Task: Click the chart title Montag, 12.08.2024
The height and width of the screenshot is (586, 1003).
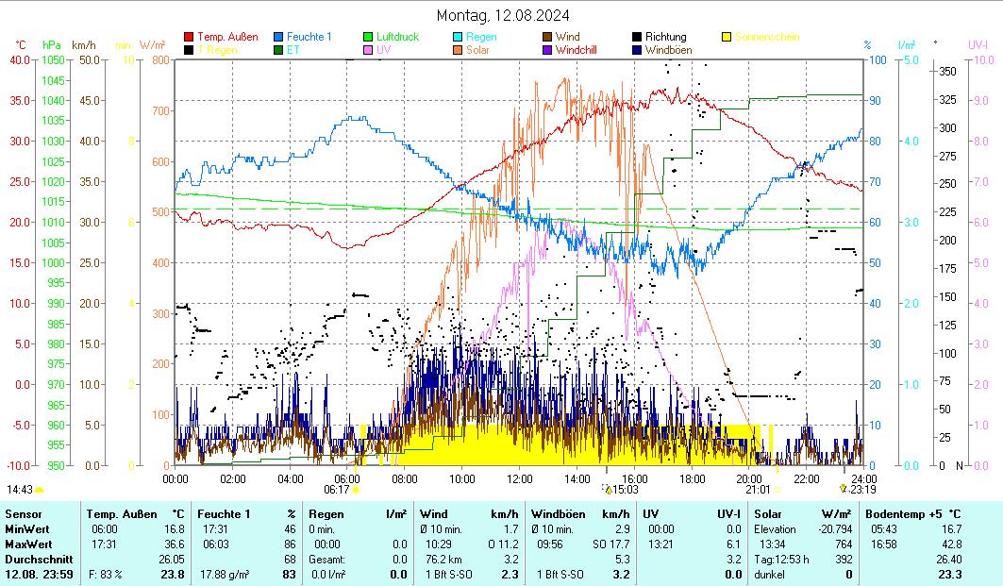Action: click(x=503, y=15)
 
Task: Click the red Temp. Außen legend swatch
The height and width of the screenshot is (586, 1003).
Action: click(x=189, y=37)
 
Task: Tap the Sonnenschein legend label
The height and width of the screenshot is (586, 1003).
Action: click(x=767, y=37)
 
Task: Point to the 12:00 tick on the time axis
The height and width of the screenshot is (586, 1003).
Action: click(x=520, y=478)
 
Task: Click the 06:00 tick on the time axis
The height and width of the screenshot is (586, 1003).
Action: click(x=347, y=478)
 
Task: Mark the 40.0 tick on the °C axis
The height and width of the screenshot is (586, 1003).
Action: click(x=19, y=59)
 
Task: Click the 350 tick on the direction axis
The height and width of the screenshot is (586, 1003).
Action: click(x=947, y=71)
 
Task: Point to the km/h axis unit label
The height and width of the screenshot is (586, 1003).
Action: click(x=83, y=44)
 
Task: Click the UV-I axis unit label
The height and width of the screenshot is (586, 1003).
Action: click(x=978, y=44)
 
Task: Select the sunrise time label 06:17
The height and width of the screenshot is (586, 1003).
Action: click(x=337, y=490)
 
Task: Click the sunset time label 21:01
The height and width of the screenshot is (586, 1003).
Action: click(x=758, y=490)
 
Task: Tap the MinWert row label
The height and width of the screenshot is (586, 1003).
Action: click(x=25, y=529)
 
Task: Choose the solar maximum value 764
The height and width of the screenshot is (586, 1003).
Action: click(x=842, y=544)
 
